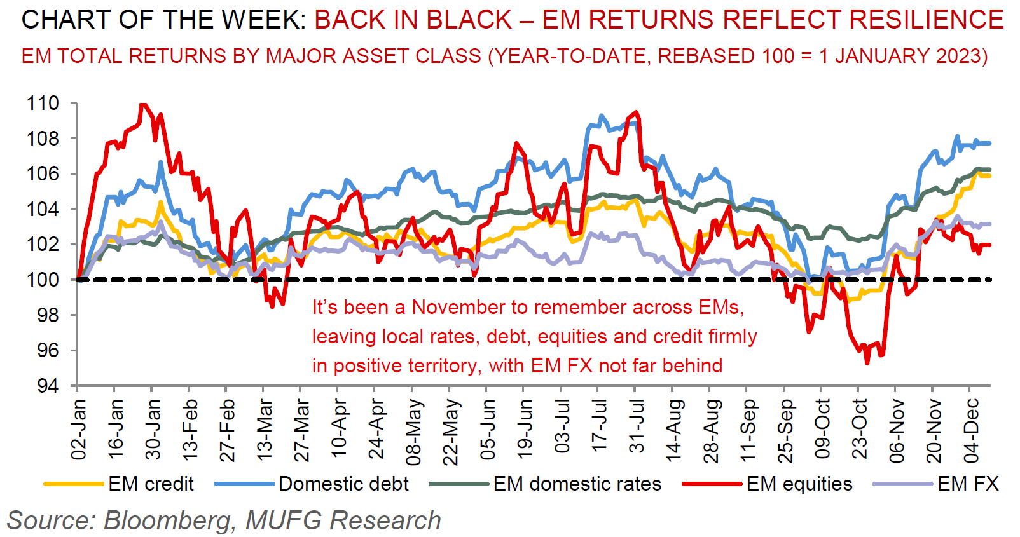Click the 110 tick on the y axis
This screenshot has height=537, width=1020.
(42, 103)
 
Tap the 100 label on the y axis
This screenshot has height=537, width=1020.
(42, 280)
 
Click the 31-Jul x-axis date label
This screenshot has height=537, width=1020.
(637, 425)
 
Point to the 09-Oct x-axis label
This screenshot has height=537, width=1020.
(822, 428)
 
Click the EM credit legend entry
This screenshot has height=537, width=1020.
(151, 484)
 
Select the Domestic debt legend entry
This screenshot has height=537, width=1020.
(343, 484)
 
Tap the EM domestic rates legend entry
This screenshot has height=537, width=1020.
(577, 484)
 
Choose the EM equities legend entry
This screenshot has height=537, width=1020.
(799, 484)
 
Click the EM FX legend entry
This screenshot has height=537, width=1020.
(968, 484)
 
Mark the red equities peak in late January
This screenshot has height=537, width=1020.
(142, 104)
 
